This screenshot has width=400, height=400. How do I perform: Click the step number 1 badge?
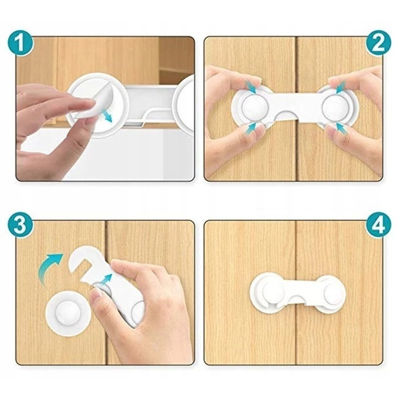tap(20, 44)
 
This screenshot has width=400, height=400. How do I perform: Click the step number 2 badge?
tap(378, 44)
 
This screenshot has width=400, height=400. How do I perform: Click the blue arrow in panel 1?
tap(106, 116)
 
